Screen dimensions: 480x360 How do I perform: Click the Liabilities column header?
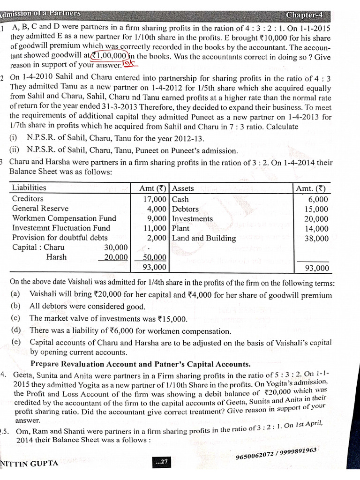click(x=29, y=188)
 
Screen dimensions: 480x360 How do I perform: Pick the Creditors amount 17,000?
click(x=154, y=199)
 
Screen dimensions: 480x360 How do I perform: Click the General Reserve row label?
click(x=40, y=209)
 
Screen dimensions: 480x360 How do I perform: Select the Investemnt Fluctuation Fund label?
click(x=61, y=228)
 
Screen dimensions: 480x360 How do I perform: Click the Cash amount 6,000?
click(x=318, y=199)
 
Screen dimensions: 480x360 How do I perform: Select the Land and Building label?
click(x=204, y=238)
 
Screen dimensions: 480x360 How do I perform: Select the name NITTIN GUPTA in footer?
click(x=29, y=463)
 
